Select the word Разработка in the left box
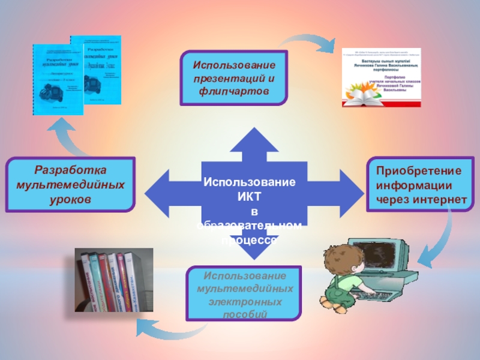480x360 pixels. click(x=71, y=170)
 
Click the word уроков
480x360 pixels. click(x=71, y=197)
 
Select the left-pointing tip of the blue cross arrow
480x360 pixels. click(x=145, y=191)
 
